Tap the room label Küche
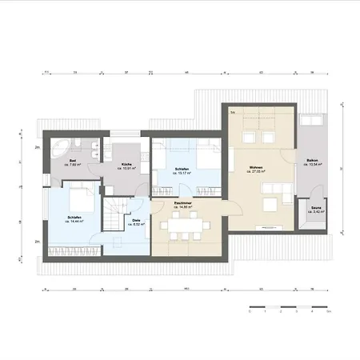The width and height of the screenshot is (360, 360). point(126,164)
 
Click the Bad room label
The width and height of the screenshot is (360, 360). point(73,161)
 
